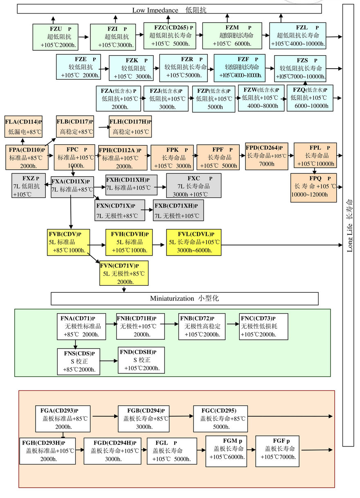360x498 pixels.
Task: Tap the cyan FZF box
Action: click(x=239, y=68)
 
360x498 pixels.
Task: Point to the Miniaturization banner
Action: click(x=184, y=298)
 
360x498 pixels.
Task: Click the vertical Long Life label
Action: click(x=349, y=225)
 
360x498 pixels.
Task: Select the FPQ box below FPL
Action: click(x=313, y=188)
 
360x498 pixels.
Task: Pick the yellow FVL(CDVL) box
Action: click(x=193, y=242)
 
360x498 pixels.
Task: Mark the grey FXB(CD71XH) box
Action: click(x=178, y=211)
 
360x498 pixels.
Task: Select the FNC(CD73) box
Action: click(x=263, y=326)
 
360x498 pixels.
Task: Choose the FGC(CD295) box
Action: click(x=220, y=419)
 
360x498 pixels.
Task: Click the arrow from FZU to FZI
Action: click(x=83, y=37)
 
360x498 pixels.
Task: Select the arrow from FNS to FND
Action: click(x=108, y=361)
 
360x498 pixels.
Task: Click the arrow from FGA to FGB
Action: click(x=104, y=416)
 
